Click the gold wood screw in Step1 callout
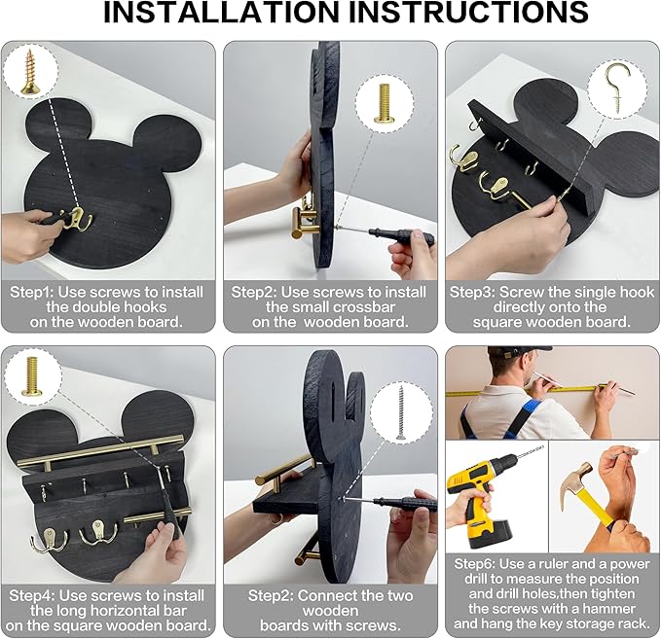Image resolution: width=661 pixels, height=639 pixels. coord(30,72)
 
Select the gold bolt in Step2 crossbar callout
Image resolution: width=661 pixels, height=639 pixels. coord(384,103)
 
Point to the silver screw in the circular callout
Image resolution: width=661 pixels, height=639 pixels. coord(400,412)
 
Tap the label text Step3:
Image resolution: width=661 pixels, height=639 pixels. coord(472,292)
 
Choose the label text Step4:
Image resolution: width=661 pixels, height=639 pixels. coord(32,595)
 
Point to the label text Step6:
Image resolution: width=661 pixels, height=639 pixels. coord(477,563)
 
